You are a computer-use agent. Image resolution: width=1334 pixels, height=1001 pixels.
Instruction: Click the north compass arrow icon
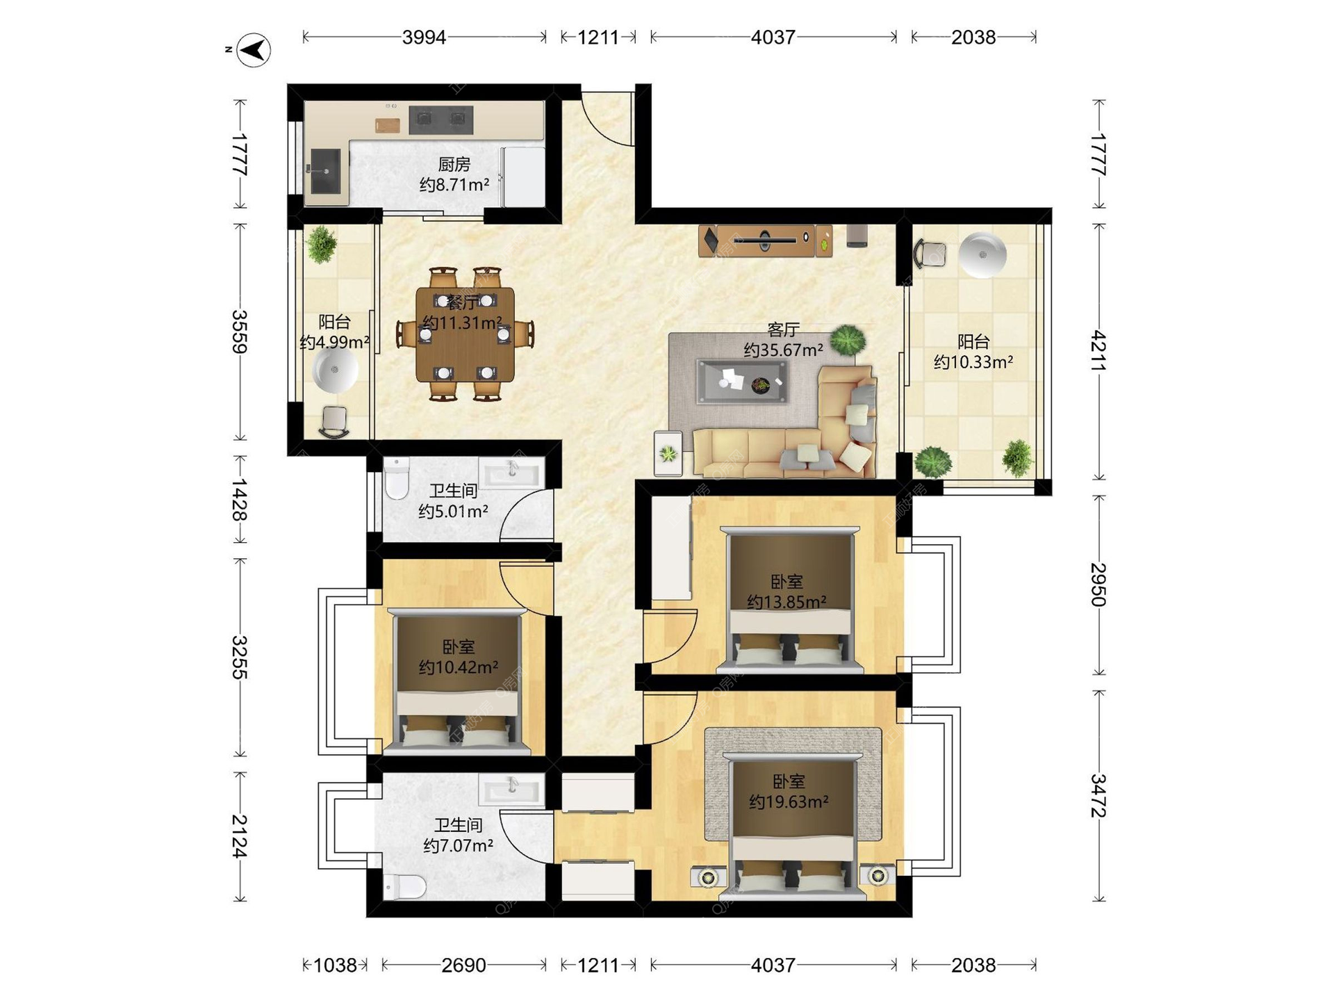(254, 50)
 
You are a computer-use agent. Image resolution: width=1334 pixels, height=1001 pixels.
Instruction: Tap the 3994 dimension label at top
(424, 37)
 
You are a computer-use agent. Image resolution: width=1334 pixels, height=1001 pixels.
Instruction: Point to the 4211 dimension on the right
(1098, 351)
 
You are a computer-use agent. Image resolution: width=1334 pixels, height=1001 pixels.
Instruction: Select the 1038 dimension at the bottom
(335, 965)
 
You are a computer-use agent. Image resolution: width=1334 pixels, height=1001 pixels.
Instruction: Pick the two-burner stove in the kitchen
(441, 120)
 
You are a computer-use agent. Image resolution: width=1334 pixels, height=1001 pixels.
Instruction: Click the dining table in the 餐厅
(465, 334)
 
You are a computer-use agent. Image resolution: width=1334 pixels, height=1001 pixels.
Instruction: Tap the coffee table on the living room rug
(742, 381)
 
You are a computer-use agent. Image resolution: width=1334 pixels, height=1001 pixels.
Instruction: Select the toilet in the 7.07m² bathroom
(404, 886)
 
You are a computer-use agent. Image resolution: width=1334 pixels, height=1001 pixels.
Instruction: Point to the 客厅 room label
(784, 329)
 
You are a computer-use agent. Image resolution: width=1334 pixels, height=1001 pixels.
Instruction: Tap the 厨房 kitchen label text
(454, 165)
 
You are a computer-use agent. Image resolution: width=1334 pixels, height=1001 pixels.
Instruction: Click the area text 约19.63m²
(789, 801)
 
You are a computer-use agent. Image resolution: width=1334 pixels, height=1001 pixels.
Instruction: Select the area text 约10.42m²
(459, 667)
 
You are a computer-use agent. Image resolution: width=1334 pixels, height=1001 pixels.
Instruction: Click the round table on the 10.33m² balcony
(982, 254)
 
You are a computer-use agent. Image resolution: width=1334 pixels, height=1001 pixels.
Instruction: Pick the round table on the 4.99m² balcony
(335, 370)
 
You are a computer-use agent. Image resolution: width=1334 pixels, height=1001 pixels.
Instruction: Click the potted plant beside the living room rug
(848, 340)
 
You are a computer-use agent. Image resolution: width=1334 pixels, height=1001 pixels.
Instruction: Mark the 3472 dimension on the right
(1098, 795)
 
